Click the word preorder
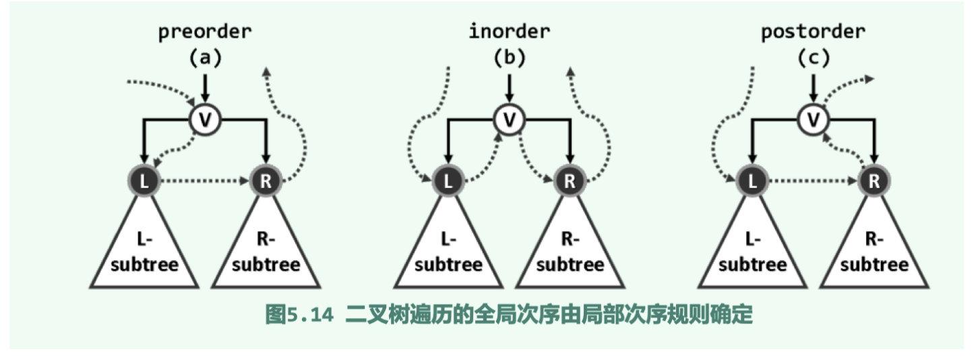click(x=204, y=32)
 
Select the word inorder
click(x=509, y=32)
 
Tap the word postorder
click(x=813, y=32)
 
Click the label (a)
click(x=204, y=59)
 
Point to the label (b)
click(x=509, y=59)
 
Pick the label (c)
click(x=813, y=59)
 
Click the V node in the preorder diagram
click(x=204, y=121)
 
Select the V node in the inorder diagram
click(x=509, y=121)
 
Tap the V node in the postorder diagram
click(x=814, y=121)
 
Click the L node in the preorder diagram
click(x=143, y=181)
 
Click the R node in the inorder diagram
click(x=570, y=181)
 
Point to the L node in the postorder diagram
click(x=752, y=181)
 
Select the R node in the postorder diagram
click(x=874, y=181)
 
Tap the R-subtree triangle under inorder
click(x=570, y=253)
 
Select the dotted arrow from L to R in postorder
click(x=813, y=181)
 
